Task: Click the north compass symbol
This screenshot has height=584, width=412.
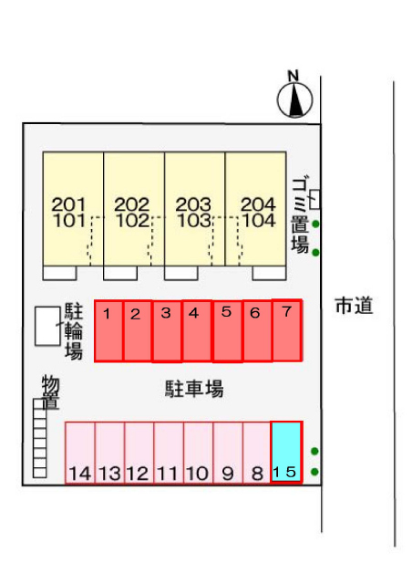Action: pyautogui.click(x=294, y=99)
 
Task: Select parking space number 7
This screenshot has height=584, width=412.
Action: pyautogui.click(x=286, y=330)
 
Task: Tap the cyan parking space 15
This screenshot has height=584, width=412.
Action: pyautogui.click(x=286, y=452)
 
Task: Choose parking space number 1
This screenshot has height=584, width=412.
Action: pyautogui.click(x=108, y=330)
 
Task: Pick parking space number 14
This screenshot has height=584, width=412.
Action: pyautogui.click(x=80, y=453)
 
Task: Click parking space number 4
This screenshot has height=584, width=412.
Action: pyautogui.click(x=197, y=330)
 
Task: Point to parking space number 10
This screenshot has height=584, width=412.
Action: pyautogui.click(x=198, y=453)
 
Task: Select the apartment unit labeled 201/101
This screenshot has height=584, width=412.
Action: pyautogui.click(x=73, y=209)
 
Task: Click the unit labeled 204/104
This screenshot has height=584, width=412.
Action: pyautogui.click(x=256, y=209)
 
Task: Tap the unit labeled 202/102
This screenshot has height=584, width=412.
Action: pyautogui.click(x=134, y=209)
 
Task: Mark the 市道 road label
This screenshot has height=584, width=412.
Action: pyautogui.click(x=354, y=306)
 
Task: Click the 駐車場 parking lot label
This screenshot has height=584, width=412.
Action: pyautogui.click(x=194, y=389)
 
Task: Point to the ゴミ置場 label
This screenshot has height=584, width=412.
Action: pyautogui.click(x=300, y=215)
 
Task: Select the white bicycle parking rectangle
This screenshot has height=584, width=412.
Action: pyautogui.click(x=47, y=326)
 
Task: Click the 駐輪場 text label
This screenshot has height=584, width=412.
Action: pyautogui.click(x=74, y=331)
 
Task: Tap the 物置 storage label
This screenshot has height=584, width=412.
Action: pyautogui.click(x=51, y=392)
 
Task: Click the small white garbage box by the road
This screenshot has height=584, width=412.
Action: pyautogui.click(x=314, y=200)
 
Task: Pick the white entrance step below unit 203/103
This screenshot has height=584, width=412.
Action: pyautogui.click(x=180, y=273)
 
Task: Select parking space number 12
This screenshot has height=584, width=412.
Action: pyautogui.click(x=139, y=453)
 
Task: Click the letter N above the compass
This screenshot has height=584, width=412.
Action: pyautogui.click(x=294, y=76)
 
